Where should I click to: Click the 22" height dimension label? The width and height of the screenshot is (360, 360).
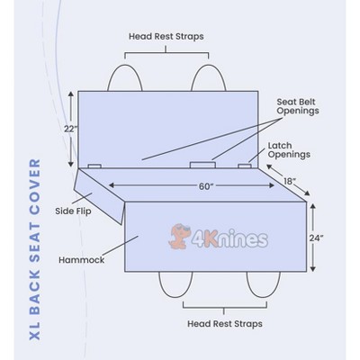[x=70, y=129]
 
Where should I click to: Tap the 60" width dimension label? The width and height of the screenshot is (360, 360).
[x=206, y=186]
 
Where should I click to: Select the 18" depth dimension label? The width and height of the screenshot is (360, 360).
[x=290, y=182]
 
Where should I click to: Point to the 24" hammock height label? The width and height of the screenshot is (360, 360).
[x=317, y=238]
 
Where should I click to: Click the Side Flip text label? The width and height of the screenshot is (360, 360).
[x=73, y=211]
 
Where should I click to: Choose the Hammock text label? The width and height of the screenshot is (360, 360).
[x=81, y=260]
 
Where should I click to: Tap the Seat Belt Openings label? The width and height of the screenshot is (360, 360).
[x=298, y=106]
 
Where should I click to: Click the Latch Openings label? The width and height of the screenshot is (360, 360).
[x=289, y=150]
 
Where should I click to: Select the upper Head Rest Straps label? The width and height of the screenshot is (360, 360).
[x=166, y=37]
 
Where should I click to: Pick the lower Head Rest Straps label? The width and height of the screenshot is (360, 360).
[x=225, y=324]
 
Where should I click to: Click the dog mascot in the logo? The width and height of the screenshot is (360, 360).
[x=179, y=237]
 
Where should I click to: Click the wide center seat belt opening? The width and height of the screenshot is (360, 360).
[x=202, y=165]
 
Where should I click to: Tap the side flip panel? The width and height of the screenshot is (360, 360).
[x=99, y=196]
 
